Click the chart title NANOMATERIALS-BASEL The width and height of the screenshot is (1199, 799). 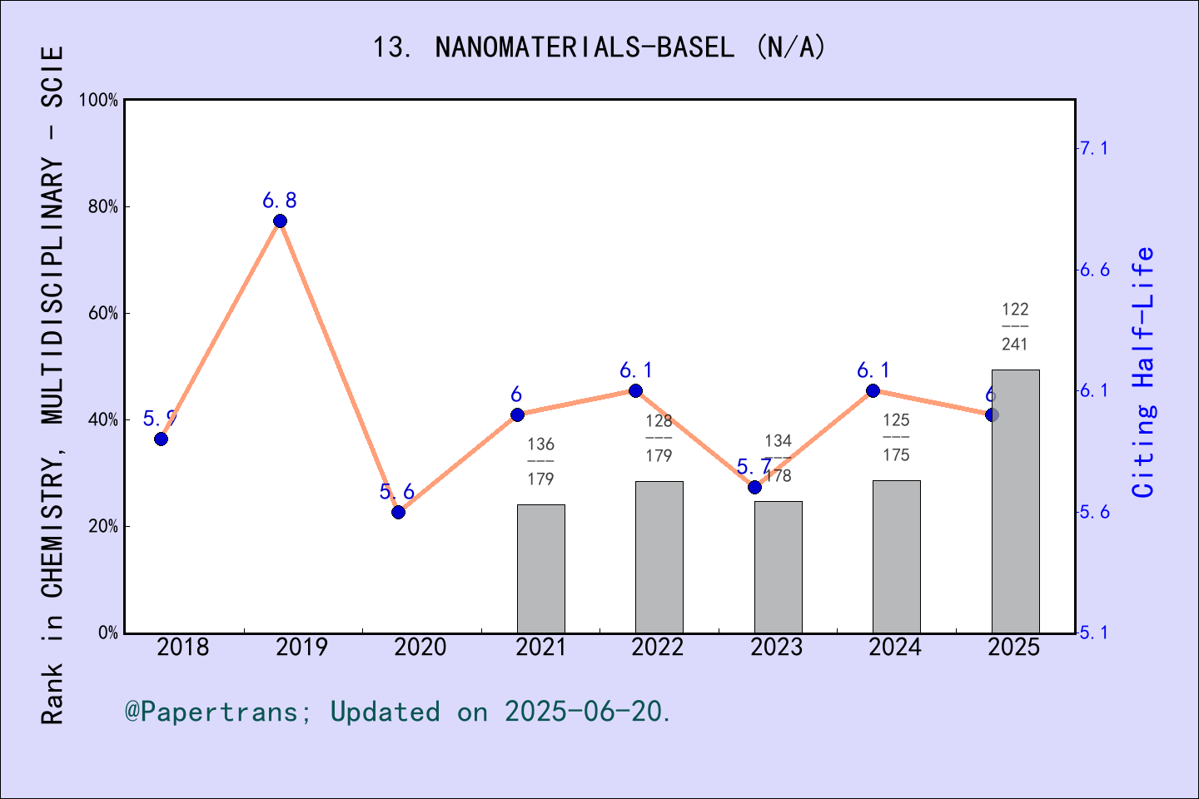599,47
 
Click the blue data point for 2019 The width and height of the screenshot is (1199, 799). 280,221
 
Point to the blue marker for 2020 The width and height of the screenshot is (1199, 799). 398,512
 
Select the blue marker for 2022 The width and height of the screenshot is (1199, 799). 635,391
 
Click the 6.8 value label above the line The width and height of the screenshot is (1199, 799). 280,201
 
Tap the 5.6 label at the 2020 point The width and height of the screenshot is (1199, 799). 396,492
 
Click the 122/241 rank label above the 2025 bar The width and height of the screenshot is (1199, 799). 1015,326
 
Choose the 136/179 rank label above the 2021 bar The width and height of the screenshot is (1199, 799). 540,461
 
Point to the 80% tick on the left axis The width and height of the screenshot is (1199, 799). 103,206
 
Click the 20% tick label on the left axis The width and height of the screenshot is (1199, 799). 103,526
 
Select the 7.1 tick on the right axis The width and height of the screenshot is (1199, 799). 1094,148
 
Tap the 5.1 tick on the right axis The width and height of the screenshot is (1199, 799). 1094,633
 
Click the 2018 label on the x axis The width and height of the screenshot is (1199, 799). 183,648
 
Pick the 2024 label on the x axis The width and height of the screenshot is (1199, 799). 895,648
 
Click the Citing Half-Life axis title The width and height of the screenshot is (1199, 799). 1144,373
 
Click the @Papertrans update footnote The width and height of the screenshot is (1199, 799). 398,712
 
